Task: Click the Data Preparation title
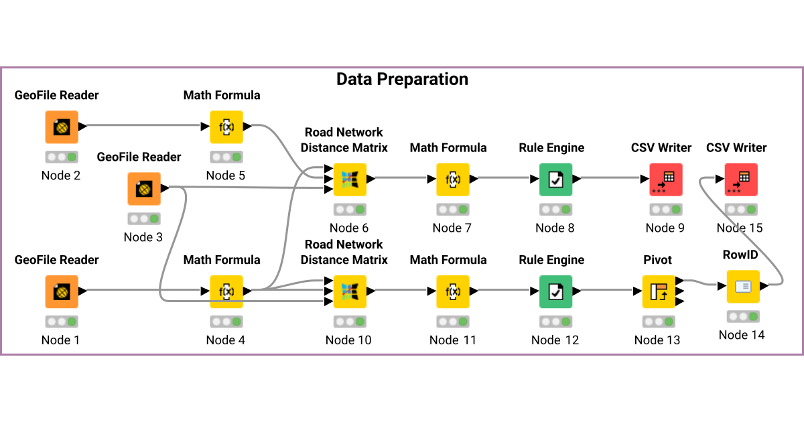click(x=402, y=79)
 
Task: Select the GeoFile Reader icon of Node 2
click(x=62, y=127)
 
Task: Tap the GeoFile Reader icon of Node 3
click(x=144, y=189)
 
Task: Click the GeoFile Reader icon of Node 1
click(x=62, y=291)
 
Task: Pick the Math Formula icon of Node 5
click(x=226, y=127)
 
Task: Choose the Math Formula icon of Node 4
click(x=226, y=291)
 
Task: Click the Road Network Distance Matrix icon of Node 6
click(x=350, y=179)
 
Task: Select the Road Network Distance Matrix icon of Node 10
click(x=350, y=291)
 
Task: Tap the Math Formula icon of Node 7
click(x=453, y=179)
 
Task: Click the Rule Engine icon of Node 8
click(x=555, y=179)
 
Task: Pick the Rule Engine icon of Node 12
click(x=555, y=291)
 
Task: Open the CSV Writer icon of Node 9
click(x=665, y=179)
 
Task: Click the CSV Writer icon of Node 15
click(x=741, y=179)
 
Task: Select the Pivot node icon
click(x=659, y=291)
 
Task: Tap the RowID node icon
click(x=743, y=286)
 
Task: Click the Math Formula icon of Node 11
click(x=453, y=291)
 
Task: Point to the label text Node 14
click(x=741, y=335)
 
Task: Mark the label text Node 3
click(x=143, y=237)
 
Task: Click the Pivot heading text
click(x=657, y=260)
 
